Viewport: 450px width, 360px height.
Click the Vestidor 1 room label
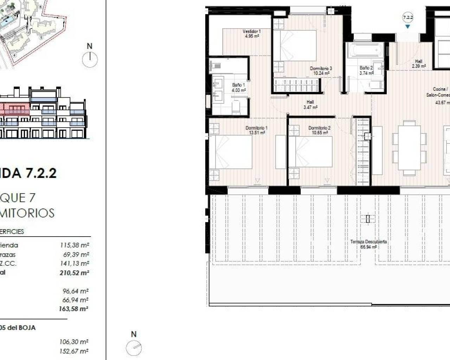click(251, 33)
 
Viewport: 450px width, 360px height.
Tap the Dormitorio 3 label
click(321, 71)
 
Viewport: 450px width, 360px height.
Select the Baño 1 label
click(238, 88)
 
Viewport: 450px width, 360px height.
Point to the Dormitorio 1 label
click(256, 130)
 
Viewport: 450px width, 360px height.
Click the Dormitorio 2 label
click(319, 130)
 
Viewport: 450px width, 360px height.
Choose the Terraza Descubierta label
click(368, 244)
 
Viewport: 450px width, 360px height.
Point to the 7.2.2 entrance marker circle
click(407, 17)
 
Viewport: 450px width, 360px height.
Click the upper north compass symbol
click(90, 59)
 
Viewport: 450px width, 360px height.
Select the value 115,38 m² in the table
click(75, 245)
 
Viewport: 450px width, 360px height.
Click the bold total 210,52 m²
click(74, 272)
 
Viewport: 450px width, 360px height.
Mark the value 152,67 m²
click(73, 351)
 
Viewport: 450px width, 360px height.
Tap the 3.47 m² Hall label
click(310, 105)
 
